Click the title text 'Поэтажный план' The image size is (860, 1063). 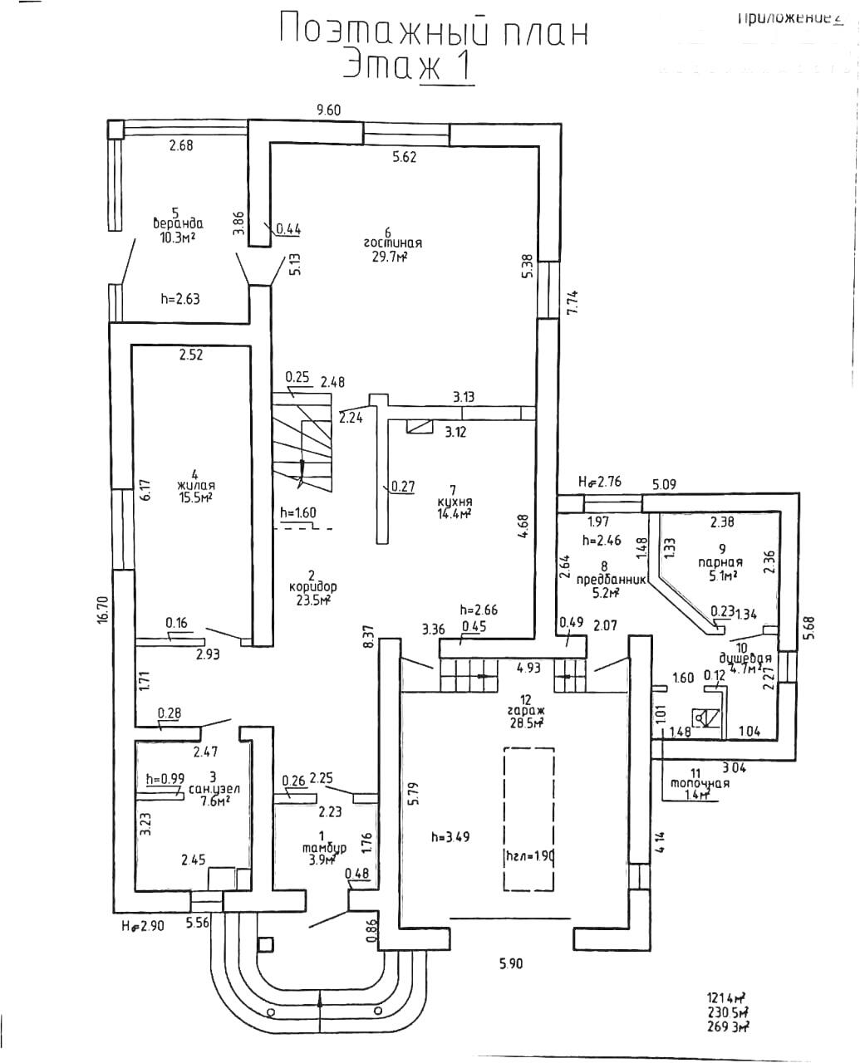coord(433,32)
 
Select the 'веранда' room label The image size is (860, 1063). coord(178,223)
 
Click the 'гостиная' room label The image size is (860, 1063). coord(392,243)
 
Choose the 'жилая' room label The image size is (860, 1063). coord(195,486)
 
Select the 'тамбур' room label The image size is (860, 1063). coord(324,848)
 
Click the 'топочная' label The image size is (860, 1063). coord(700,783)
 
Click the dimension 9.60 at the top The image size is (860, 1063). coord(329,109)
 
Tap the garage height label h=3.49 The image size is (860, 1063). coord(450,836)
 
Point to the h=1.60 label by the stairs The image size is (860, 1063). coord(298,512)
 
